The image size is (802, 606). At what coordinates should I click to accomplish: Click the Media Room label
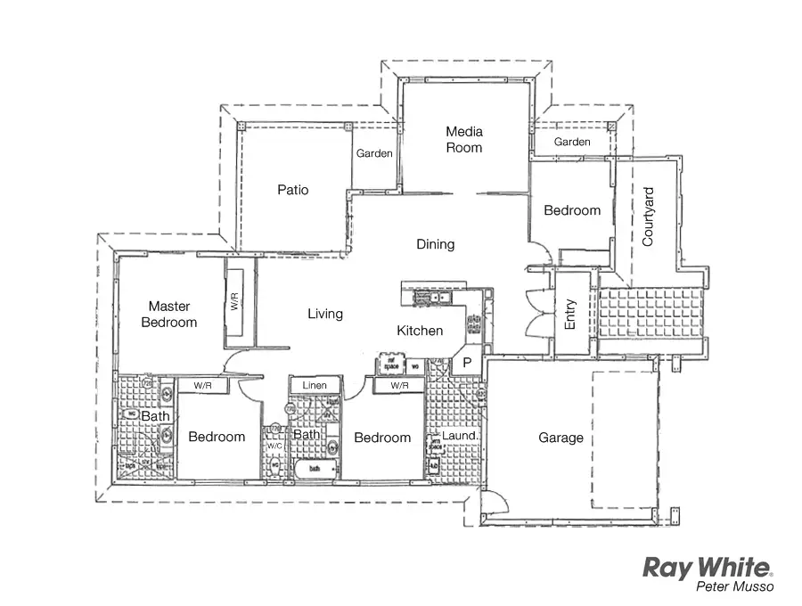[464, 140]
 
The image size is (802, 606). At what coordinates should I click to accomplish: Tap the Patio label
[292, 190]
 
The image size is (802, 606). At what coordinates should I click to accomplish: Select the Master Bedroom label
[169, 314]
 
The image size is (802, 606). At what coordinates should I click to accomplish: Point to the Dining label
[435, 244]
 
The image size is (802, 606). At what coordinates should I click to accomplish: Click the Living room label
[325, 314]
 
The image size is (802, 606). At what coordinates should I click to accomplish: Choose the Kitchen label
[420, 331]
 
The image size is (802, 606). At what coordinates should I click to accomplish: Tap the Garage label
[561, 438]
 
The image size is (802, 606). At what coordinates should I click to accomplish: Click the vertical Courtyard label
[648, 217]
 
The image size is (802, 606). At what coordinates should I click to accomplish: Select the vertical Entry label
[570, 314]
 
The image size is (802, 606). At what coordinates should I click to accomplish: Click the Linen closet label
[315, 386]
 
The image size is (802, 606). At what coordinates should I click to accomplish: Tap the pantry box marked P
[466, 363]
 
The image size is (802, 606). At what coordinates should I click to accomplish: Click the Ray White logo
[708, 568]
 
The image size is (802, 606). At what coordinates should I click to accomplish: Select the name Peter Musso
[735, 587]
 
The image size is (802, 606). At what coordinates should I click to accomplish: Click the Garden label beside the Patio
[374, 153]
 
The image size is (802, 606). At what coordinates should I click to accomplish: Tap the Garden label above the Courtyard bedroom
[572, 143]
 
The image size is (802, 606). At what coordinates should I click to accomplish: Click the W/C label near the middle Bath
[274, 446]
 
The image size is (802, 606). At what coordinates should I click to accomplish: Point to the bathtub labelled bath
[314, 467]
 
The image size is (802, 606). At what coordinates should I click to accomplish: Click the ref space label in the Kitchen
[389, 365]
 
